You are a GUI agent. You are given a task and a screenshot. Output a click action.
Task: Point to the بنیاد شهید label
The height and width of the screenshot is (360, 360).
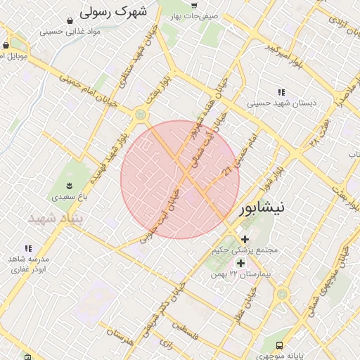(x=56, y=219)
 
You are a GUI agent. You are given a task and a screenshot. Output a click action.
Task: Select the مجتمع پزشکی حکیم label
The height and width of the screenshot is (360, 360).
(x=245, y=250)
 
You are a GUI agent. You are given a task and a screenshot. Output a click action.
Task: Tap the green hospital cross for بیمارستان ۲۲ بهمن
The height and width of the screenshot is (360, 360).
(x=240, y=263)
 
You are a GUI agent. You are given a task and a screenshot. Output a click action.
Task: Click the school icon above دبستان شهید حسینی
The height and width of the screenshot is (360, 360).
(x=281, y=92)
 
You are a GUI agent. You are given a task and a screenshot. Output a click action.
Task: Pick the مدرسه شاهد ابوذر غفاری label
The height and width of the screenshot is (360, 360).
(x=28, y=264)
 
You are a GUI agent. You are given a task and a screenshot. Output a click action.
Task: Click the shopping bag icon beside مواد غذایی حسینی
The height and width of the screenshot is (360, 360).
(x=69, y=20)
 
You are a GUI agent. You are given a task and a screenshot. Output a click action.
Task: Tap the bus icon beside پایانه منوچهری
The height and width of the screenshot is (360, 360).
(x=280, y=345)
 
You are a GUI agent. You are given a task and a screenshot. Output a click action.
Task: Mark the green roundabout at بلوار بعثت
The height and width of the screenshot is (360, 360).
(x=142, y=113)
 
